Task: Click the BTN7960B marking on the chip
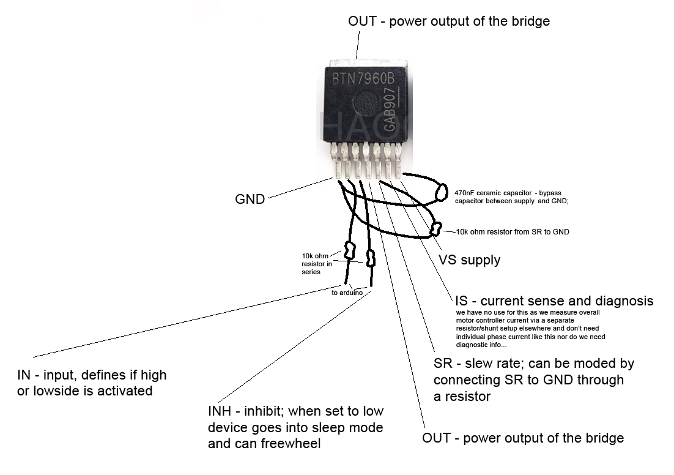pyautogui.click(x=363, y=79)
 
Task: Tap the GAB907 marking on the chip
pyautogui.click(x=390, y=110)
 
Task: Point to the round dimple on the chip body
pyautogui.click(x=365, y=103)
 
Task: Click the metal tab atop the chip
pyautogui.click(x=368, y=63)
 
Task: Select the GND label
pyautogui.click(x=250, y=199)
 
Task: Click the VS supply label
pyautogui.click(x=469, y=260)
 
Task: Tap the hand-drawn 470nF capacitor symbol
pyautogui.click(x=441, y=192)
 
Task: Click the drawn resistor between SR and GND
pyautogui.click(x=436, y=228)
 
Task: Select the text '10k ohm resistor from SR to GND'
pyautogui.click(x=513, y=232)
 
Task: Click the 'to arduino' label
pyautogui.click(x=347, y=293)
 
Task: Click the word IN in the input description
pyautogui.click(x=24, y=375)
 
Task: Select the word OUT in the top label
pyautogui.click(x=362, y=21)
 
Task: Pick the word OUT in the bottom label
pyautogui.click(x=436, y=438)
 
